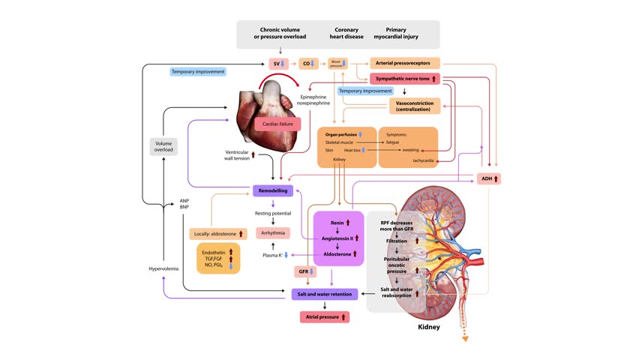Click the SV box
click(x=279, y=64)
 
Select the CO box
click(x=308, y=64)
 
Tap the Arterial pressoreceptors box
click(x=405, y=63)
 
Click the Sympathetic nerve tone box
click(x=405, y=79)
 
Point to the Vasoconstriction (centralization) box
click(x=412, y=106)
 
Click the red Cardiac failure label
click(x=277, y=124)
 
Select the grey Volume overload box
click(x=163, y=146)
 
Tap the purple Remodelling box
click(x=272, y=191)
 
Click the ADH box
click(x=488, y=179)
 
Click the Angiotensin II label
click(x=337, y=238)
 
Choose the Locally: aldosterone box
click(x=218, y=234)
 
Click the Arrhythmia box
click(x=273, y=233)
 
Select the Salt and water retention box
click(x=324, y=294)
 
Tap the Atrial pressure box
click(x=324, y=317)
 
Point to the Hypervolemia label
click(x=163, y=268)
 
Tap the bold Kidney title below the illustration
click(x=428, y=327)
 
